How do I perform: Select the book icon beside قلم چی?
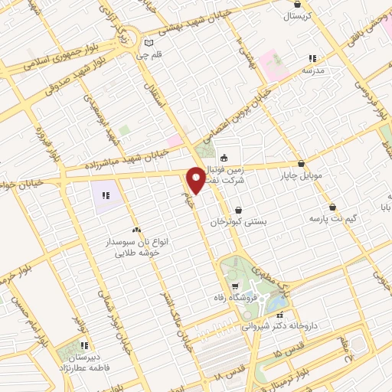149,43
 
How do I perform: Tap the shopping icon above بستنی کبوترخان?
239,210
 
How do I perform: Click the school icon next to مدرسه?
312,58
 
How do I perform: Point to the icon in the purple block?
106,196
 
